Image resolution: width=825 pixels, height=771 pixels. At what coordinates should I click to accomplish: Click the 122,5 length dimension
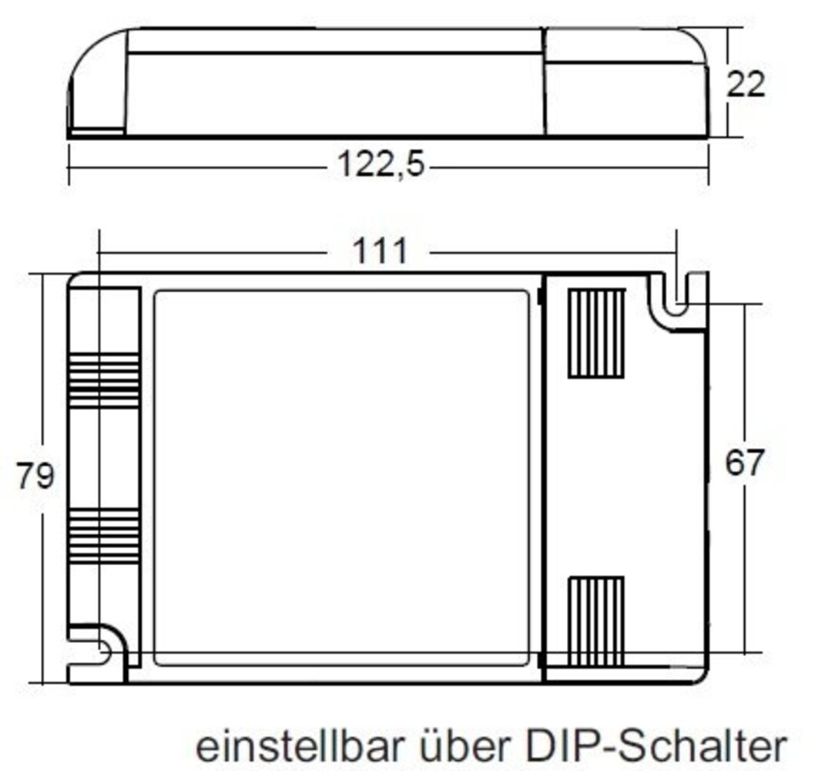381,165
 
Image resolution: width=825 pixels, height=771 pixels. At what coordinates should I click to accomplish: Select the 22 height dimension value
746,83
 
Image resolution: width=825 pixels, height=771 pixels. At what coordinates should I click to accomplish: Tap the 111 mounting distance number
379,251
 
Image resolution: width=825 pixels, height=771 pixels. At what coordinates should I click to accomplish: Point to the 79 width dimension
35,476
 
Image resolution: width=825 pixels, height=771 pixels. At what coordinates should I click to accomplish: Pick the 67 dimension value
744,463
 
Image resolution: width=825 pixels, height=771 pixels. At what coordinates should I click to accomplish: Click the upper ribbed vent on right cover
595,333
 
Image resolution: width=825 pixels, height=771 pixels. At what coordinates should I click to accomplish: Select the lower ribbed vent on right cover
595,621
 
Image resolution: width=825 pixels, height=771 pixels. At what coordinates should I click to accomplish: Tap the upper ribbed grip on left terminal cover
103,381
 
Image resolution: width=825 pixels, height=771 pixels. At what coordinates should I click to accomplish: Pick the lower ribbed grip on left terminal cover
103,535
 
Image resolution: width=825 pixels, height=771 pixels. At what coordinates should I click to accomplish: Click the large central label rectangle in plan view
341,477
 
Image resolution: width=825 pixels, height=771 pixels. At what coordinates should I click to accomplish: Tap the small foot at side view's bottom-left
97,133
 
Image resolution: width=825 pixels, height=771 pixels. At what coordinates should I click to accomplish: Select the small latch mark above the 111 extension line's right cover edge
539,295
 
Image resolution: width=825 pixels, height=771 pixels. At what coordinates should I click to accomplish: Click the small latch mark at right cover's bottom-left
539,660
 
